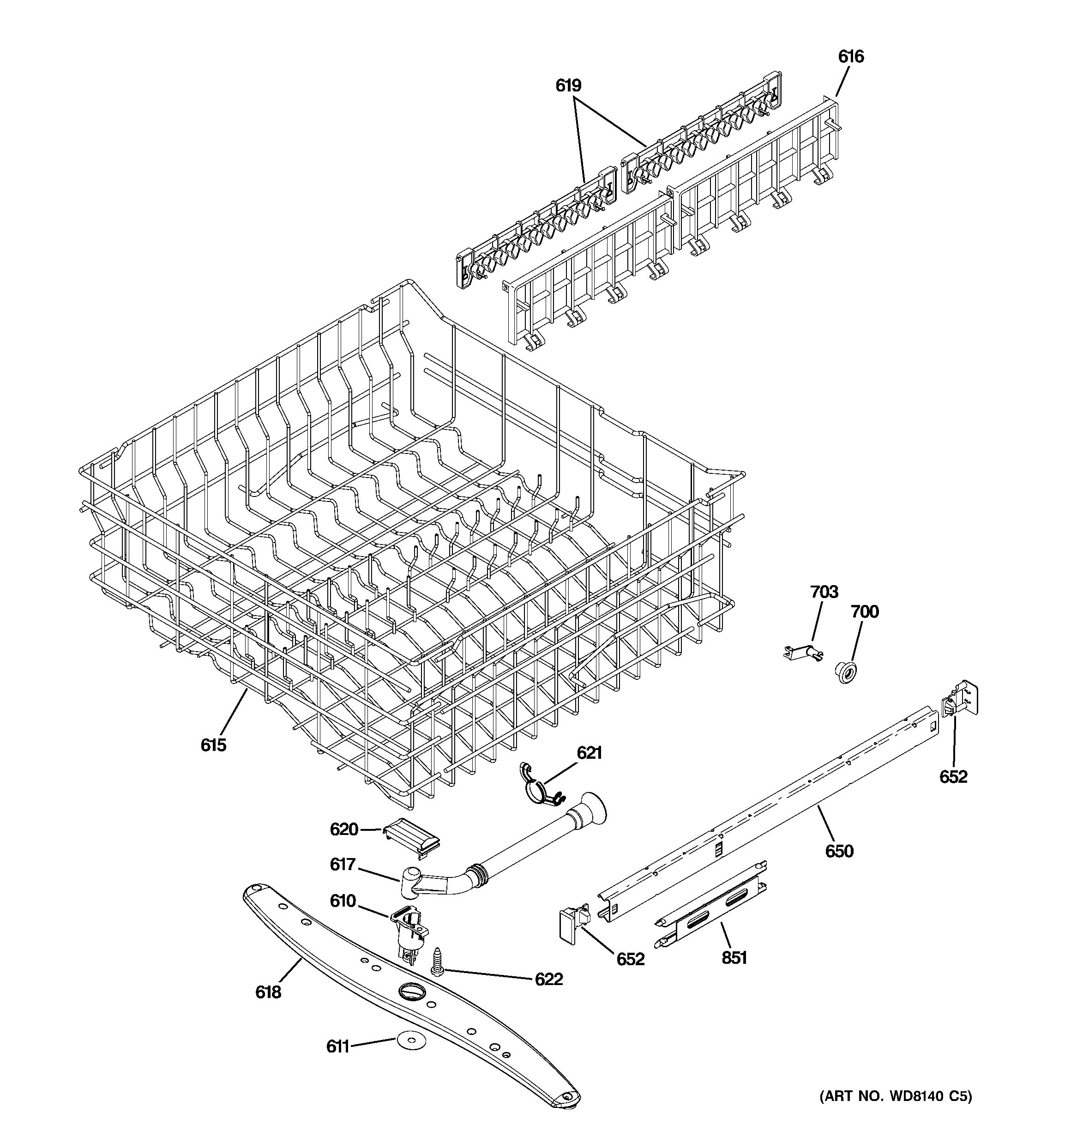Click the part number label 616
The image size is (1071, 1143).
point(850,56)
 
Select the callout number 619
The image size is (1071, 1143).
point(568,86)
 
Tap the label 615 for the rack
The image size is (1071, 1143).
point(213,745)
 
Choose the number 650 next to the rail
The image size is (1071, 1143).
point(839,851)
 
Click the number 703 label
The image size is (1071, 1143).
point(824,592)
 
